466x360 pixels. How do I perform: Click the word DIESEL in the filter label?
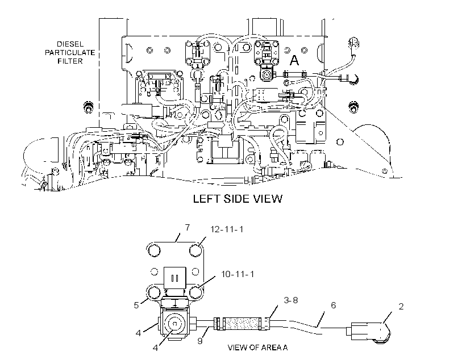[x=70, y=44]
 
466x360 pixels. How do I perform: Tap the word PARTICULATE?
[x=70, y=53]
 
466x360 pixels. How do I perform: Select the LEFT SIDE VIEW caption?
[x=238, y=199]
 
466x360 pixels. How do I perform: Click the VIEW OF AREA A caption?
[x=257, y=348]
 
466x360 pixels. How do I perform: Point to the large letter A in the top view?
[x=294, y=60]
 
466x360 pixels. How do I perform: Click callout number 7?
[x=187, y=228]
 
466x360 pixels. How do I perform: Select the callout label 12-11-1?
[x=227, y=229]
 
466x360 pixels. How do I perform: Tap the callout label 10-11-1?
[x=238, y=274]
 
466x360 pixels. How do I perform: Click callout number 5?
[x=136, y=305]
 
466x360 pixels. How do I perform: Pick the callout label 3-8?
[x=290, y=300]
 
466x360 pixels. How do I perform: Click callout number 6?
[x=333, y=305]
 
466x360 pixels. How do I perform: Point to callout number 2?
[x=401, y=307]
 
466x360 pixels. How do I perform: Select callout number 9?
[x=200, y=341]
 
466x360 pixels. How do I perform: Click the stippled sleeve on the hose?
[x=241, y=324]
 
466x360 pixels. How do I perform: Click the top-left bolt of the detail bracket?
[x=153, y=250]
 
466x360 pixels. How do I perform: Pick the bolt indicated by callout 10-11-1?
[x=195, y=292]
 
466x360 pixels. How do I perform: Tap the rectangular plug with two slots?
[x=175, y=278]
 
